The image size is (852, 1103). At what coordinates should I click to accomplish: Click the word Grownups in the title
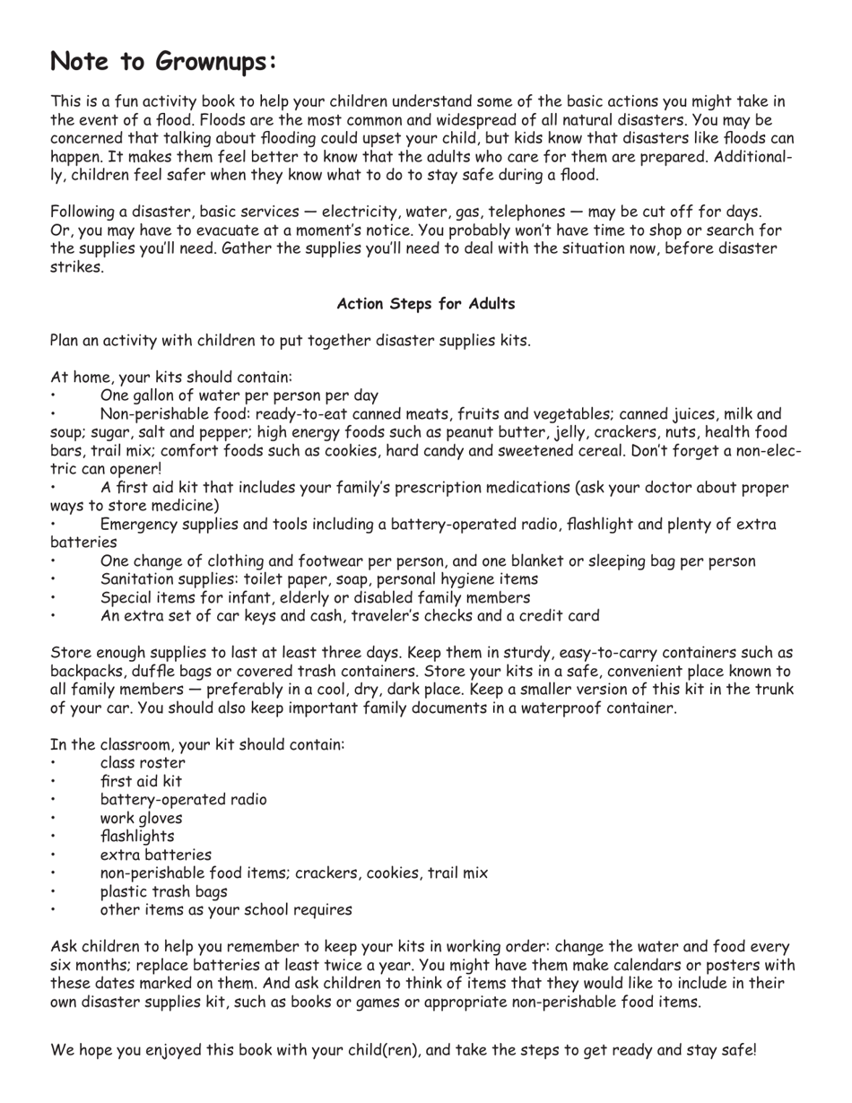tap(214, 62)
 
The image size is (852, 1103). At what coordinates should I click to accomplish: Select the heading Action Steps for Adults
tap(426, 304)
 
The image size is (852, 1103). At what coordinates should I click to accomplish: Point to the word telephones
tap(515, 212)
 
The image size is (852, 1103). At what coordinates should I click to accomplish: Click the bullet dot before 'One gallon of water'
tap(54, 395)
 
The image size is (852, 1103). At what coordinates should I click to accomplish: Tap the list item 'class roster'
tap(143, 763)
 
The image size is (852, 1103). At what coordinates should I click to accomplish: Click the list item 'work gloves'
tap(141, 819)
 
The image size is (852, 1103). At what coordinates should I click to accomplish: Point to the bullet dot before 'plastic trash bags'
tap(54, 892)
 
